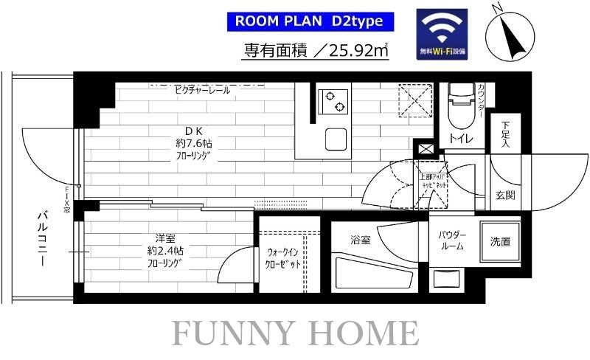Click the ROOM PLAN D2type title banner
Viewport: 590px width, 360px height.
tap(308, 21)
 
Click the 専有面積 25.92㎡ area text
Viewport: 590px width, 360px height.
tap(317, 51)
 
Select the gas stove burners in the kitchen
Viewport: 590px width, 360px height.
tap(333, 101)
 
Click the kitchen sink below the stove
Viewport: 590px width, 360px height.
tap(336, 137)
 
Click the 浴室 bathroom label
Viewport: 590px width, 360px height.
tap(361, 240)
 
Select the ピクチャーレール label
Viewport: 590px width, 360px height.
tap(202, 90)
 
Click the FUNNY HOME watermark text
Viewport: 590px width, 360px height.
tap(295, 333)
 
